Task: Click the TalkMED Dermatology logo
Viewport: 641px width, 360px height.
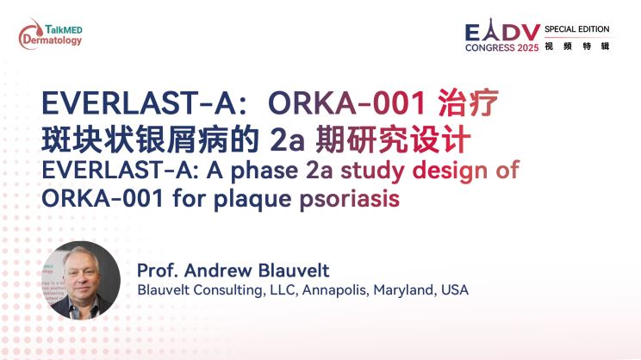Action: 50,34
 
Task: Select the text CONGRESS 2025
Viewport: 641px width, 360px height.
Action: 502,48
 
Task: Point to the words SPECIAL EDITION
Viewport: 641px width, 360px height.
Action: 577,29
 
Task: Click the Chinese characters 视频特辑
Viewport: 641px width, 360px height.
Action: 577,47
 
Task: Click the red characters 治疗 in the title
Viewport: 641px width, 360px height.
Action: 469,102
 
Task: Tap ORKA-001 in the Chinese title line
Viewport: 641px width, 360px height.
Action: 347,103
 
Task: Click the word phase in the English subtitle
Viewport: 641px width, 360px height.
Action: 264,171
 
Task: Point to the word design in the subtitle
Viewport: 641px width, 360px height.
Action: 450,171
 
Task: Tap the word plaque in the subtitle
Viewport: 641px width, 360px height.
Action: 253,200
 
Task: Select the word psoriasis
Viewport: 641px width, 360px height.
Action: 350,199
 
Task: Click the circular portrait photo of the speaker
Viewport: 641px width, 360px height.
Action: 81,280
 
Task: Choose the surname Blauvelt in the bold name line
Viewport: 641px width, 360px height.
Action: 294,270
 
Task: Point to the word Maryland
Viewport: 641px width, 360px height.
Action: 405,290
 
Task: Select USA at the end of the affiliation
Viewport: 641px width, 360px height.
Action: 455,290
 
